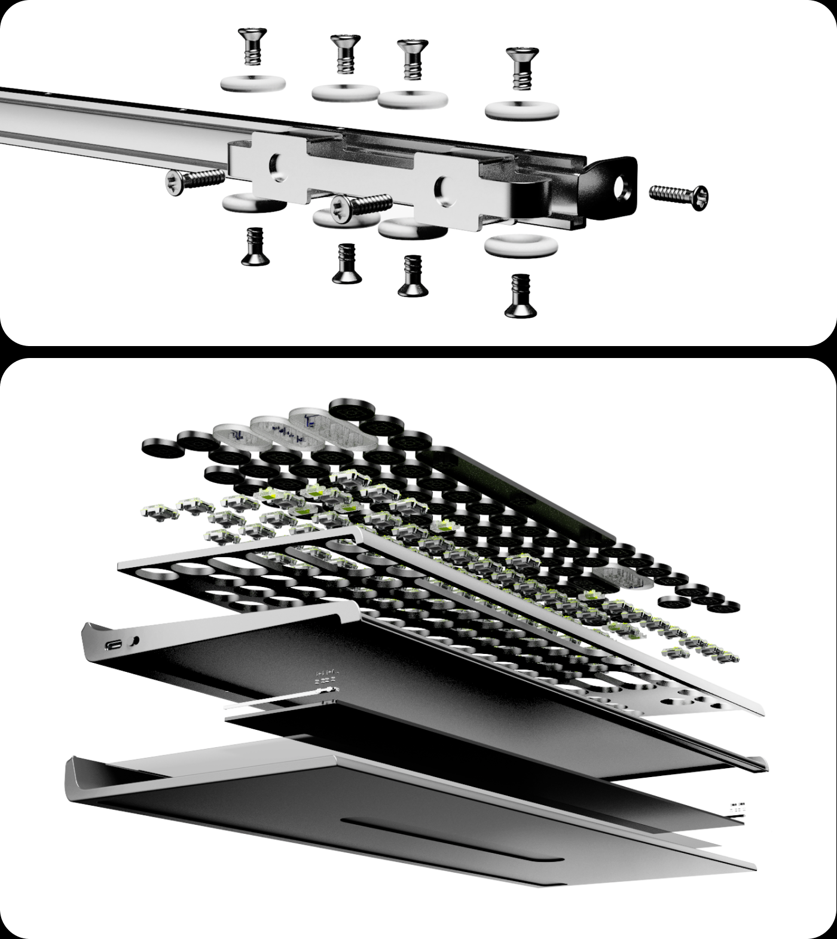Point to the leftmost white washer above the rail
point(252,83)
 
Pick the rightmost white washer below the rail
point(521,244)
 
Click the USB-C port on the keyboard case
point(114,646)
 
